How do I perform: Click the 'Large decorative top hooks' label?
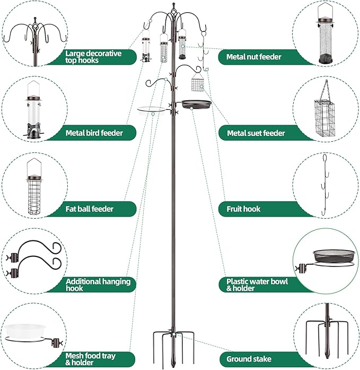coord(93,57)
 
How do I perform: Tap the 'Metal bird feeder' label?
coord(94,133)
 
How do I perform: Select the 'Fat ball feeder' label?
coord(90,209)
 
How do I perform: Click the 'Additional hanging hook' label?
coord(98,285)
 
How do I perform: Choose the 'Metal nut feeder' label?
coord(253,57)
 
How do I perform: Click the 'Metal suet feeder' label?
coord(256,133)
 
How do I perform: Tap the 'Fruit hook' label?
coord(243,209)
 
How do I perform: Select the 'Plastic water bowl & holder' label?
coord(257,285)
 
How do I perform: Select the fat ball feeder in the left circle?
coord(34,191)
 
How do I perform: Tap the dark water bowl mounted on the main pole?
coord(196,105)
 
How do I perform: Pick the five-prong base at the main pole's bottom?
coord(173,340)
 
